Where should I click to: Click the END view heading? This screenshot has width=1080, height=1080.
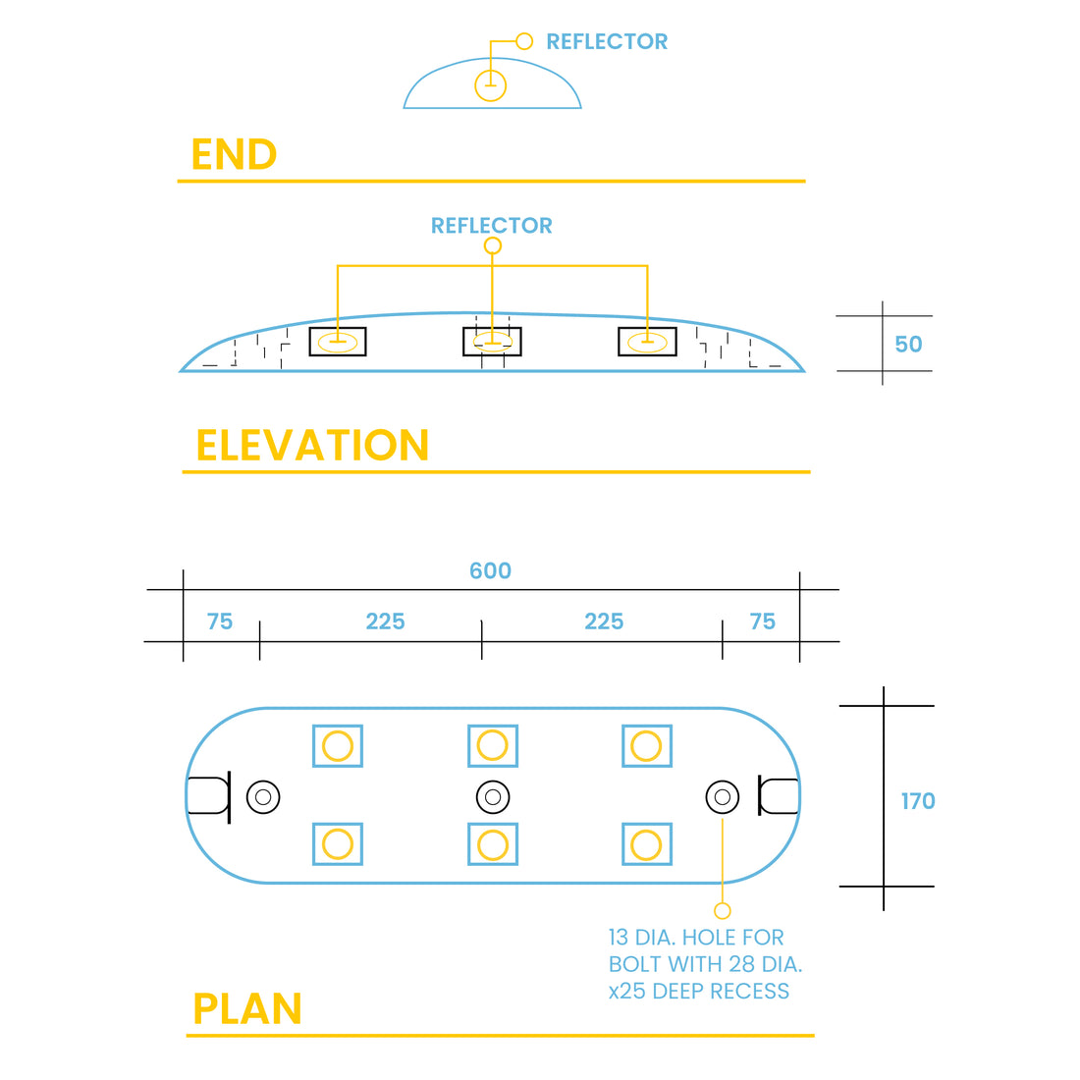pyautogui.click(x=234, y=154)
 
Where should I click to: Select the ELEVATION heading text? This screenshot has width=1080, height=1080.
pyautogui.click(x=312, y=445)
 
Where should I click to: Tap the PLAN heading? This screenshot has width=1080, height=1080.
pyautogui.click(x=247, y=1008)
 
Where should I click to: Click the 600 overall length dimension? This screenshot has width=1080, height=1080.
pyautogui.click(x=490, y=570)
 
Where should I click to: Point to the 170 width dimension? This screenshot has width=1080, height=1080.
pyautogui.click(x=918, y=801)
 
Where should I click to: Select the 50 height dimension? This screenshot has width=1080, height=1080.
pyautogui.click(x=908, y=345)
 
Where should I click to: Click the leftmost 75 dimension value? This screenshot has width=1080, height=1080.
pyautogui.click(x=220, y=621)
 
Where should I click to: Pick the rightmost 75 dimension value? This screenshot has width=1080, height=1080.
pyautogui.click(x=762, y=621)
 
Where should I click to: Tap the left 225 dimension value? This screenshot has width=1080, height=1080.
pyautogui.click(x=385, y=621)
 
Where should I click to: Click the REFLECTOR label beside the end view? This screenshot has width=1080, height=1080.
pyautogui.click(x=606, y=41)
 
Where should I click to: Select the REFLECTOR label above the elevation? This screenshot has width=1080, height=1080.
pyautogui.click(x=491, y=226)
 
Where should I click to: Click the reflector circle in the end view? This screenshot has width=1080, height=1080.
pyautogui.click(x=490, y=85)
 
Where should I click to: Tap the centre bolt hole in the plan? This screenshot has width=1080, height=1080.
pyautogui.click(x=493, y=796)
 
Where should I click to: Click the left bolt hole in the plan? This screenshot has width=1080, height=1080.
pyautogui.click(x=263, y=796)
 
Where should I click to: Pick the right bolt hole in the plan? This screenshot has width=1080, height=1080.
pyautogui.click(x=723, y=796)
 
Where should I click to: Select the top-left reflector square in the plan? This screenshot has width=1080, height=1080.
pyautogui.click(x=338, y=746)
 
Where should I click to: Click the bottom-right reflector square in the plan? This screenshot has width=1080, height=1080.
pyautogui.click(x=646, y=844)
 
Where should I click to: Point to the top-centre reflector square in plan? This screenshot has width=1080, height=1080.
pyautogui.click(x=493, y=746)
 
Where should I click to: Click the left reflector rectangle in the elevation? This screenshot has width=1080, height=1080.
pyautogui.click(x=338, y=342)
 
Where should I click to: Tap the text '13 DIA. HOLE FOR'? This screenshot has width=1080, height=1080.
pyautogui.click(x=695, y=938)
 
